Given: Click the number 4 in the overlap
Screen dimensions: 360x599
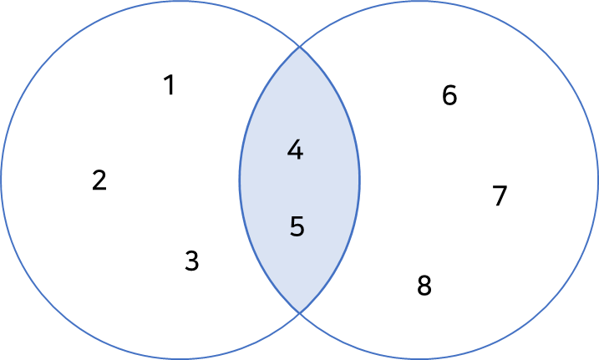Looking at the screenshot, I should [x=295, y=151].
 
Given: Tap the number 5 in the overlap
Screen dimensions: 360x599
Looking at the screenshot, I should [x=297, y=227].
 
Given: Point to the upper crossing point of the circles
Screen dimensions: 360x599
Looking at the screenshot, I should [x=300, y=47].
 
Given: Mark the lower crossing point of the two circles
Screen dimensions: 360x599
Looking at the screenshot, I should [x=300, y=312].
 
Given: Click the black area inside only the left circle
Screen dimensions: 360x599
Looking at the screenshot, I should [x=125, y=180].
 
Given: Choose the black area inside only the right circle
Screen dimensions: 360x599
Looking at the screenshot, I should [x=476, y=180].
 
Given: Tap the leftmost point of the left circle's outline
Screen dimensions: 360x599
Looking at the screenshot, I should [x=2, y=180].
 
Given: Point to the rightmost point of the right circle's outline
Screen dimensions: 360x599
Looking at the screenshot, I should [x=597, y=180].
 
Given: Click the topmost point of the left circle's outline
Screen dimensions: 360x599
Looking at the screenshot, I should [x=180, y=2].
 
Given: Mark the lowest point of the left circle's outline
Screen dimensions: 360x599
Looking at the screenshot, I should [x=180, y=358].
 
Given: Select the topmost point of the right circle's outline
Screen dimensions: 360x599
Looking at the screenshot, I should [x=419, y=2].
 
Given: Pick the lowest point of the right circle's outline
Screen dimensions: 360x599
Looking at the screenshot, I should [x=419, y=358].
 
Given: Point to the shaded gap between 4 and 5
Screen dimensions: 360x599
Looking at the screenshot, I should [x=297, y=190].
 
